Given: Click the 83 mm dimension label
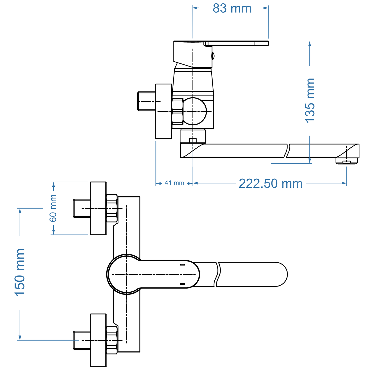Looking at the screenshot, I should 232,8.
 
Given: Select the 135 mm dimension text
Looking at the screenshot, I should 310,100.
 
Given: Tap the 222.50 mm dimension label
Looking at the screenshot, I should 271,184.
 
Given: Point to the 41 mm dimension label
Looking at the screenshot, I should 174,183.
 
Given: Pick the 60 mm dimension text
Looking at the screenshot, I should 53,208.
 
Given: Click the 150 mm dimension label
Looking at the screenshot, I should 20,272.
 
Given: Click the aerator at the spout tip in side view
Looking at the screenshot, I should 346,161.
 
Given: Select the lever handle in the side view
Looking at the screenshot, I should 236,43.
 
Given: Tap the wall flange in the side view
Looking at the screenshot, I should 164,111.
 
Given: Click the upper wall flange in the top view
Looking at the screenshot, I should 98,208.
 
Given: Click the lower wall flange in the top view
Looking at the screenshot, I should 98,340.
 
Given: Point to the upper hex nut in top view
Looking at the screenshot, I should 112,208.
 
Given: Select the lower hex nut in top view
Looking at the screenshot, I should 112,340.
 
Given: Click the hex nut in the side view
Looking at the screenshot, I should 177,111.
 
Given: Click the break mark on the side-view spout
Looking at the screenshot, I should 288,151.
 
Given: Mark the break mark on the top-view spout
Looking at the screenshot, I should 217,274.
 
